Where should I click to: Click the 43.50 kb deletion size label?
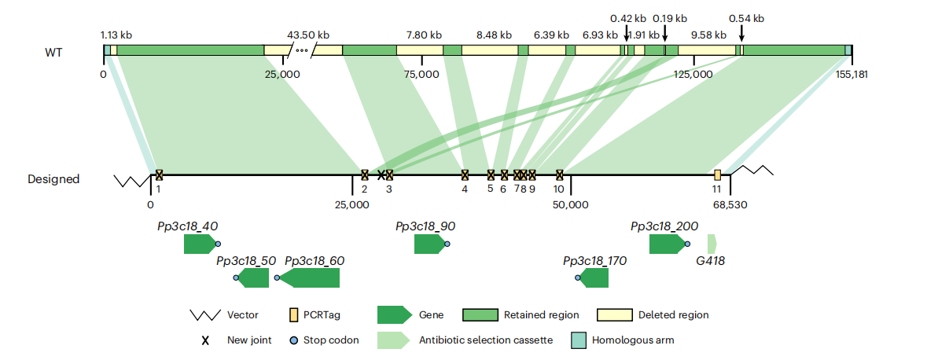[x=307, y=35]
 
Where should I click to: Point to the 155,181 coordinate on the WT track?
[x=852, y=74]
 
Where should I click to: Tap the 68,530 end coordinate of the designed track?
[x=730, y=204]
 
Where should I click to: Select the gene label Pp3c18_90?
[x=425, y=226]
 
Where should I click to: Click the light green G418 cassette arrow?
[x=712, y=244]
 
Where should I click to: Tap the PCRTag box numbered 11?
[x=717, y=174]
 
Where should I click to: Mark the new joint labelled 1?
[x=159, y=174]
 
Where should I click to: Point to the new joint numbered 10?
[x=559, y=174]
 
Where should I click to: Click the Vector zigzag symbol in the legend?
[x=204, y=315]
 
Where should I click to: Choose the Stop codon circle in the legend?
[x=293, y=340]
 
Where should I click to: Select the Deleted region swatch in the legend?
[x=615, y=315]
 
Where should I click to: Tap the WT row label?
[x=53, y=53]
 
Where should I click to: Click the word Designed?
[x=53, y=179]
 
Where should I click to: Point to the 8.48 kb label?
[x=494, y=35]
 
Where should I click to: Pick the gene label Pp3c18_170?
[x=595, y=260]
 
